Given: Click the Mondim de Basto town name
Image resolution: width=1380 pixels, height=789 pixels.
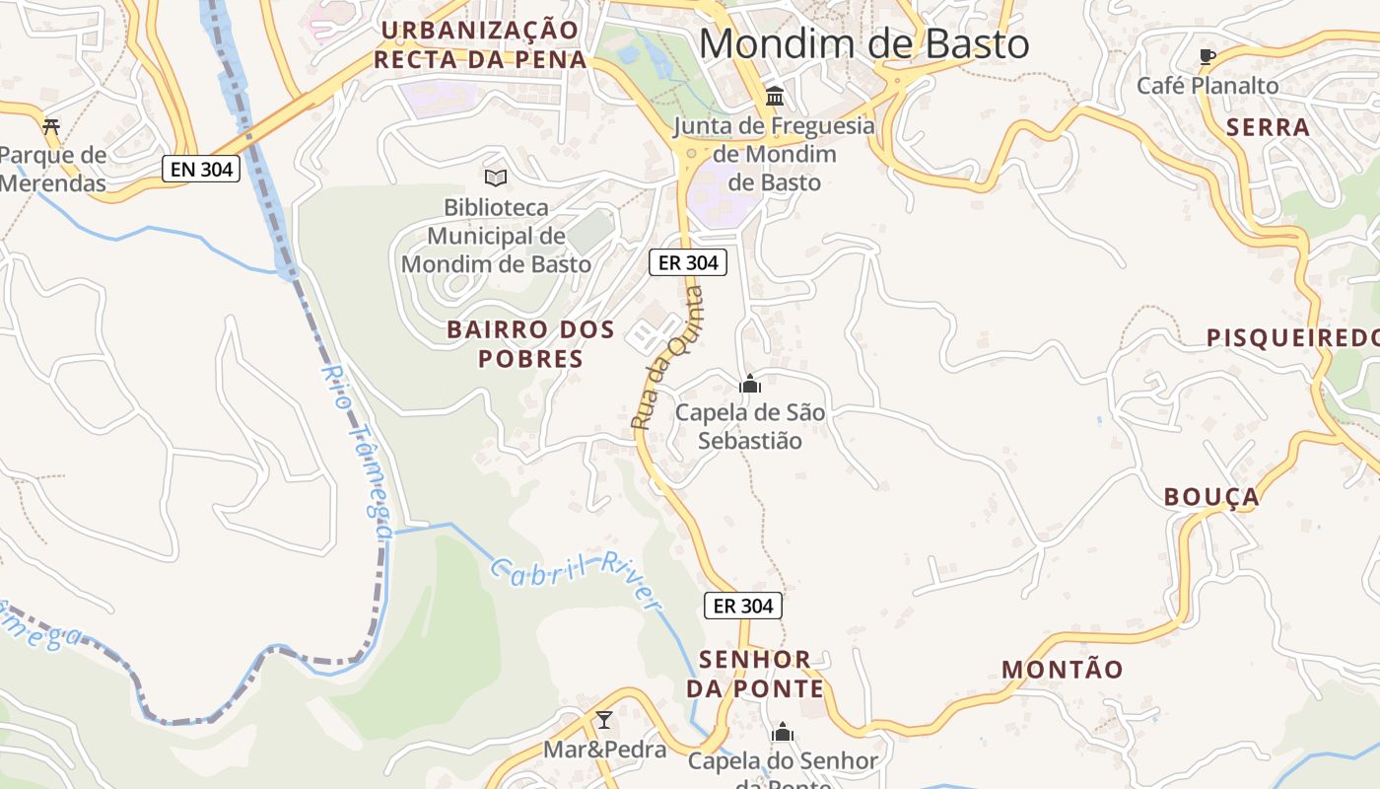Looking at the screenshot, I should (x=863, y=44).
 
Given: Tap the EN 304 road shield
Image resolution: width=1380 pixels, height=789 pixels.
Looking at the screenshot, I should (x=201, y=169).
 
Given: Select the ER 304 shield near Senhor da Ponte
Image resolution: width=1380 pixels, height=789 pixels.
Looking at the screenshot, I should (x=743, y=606).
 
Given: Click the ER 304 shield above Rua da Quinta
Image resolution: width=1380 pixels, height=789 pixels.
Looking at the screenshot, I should (x=688, y=262).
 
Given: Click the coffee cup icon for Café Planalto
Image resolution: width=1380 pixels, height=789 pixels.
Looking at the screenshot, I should (x=1207, y=56).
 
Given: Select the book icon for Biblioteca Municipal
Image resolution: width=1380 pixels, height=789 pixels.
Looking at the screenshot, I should (x=496, y=178).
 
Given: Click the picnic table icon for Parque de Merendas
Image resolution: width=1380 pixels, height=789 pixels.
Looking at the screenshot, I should (x=51, y=125).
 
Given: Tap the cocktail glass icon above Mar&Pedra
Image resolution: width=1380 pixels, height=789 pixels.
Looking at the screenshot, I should (x=604, y=719).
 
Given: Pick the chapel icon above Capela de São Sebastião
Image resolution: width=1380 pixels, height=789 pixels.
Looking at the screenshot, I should (x=750, y=384).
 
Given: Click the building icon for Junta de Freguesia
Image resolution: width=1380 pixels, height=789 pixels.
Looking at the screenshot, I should (x=775, y=97).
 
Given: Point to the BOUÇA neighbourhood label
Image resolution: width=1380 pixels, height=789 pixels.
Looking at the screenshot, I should (x=1211, y=497).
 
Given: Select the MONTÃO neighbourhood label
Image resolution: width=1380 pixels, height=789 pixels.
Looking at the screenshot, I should (x=1062, y=670).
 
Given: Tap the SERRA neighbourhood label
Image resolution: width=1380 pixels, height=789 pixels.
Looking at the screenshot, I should (x=1268, y=127).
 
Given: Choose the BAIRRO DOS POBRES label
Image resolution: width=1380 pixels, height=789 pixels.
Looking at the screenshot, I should (x=530, y=343).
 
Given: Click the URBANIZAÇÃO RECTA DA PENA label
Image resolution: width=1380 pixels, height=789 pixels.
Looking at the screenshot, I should (x=480, y=44).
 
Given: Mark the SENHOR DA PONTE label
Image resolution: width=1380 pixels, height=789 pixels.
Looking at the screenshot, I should (x=755, y=674).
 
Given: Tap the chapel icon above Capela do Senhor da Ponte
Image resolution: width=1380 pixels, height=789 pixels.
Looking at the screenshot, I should (x=783, y=732).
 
